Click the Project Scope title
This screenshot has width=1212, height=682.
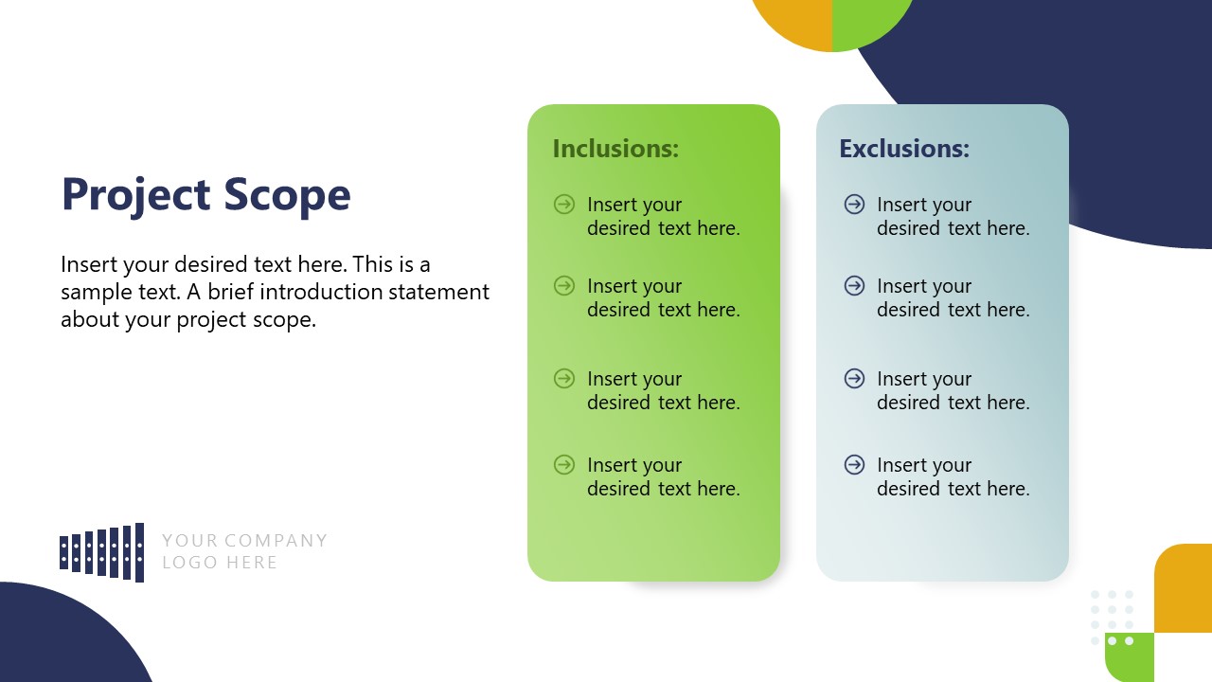(205, 195)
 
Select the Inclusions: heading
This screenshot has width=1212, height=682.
(615, 149)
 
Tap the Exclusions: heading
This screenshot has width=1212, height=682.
(904, 149)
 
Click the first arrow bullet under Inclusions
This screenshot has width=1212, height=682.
(564, 204)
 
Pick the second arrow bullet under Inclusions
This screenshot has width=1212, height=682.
(564, 285)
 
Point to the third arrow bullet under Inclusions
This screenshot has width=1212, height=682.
(564, 379)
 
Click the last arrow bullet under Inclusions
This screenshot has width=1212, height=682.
(564, 464)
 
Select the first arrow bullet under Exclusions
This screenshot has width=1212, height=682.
(854, 204)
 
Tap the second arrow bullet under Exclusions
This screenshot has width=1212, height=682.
(854, 285)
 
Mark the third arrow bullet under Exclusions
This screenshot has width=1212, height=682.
(854, 379)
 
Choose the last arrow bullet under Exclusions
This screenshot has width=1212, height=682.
(854, 464)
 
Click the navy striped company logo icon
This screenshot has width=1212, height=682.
(102, 552)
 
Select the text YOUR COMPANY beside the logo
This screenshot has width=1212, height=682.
(244, 541)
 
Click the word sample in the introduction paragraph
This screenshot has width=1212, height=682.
(95, 292)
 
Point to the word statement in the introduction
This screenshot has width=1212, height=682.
(443, 292)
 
